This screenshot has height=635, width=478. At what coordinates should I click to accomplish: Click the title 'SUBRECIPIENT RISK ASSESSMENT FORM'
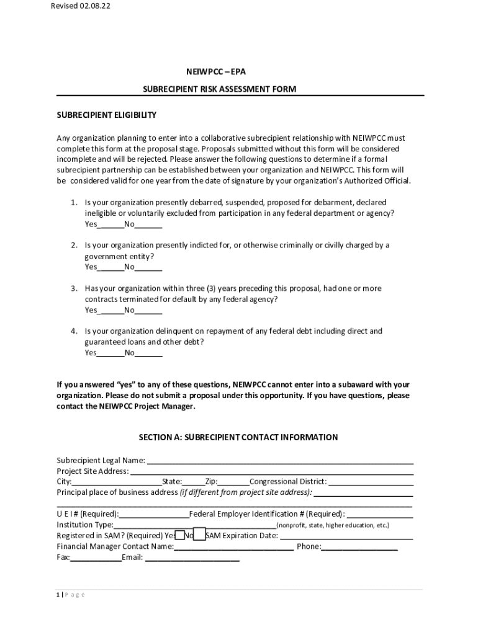pos(219,89)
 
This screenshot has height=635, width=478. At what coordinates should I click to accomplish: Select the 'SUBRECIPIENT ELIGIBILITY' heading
pos(107,115)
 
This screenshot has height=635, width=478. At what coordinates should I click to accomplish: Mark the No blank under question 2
pos(148,267)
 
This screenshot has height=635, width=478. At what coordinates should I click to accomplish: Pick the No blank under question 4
pos(148,353)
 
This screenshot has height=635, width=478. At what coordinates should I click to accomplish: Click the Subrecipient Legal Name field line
pos(279,461)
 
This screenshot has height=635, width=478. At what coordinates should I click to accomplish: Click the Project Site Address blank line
pos(271,471)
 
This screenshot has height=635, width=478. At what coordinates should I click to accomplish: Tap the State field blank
pos(193,482)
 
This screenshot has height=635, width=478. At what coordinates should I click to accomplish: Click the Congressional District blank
pos(371,482)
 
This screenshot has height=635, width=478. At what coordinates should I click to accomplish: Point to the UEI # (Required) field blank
pos(155,514)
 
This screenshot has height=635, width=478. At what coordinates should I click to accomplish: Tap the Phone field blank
pos(359,547)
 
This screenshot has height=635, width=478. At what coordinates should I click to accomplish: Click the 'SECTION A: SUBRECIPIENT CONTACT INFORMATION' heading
pos(238,438)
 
